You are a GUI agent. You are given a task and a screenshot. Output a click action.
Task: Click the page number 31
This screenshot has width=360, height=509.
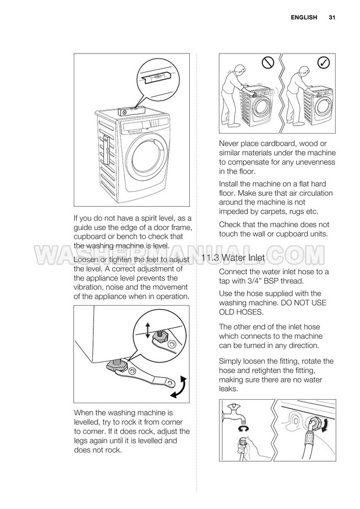(x=332, y=17)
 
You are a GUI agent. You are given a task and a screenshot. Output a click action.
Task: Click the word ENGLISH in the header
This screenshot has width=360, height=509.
(x=304, y=17)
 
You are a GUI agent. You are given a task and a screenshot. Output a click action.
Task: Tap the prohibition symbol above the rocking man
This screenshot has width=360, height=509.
(x=268, y=63)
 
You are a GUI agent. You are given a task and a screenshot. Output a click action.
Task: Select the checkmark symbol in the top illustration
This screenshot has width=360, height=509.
(x=323, y=62)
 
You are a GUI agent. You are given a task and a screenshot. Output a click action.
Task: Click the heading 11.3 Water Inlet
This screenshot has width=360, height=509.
(x=233, y=258)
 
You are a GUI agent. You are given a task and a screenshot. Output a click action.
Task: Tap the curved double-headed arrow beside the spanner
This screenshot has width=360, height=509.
(x=179, y=387)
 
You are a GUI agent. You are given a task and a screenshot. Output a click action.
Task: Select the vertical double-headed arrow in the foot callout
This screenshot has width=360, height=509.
(x=148, y=331)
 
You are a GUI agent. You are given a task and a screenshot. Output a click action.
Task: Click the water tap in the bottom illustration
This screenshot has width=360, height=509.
(x=234, y=414)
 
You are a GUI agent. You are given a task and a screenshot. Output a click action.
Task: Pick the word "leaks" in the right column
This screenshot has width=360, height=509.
(x=228, y=389)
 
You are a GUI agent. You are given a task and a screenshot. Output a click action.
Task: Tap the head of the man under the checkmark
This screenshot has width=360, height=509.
(x=304, y=71)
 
